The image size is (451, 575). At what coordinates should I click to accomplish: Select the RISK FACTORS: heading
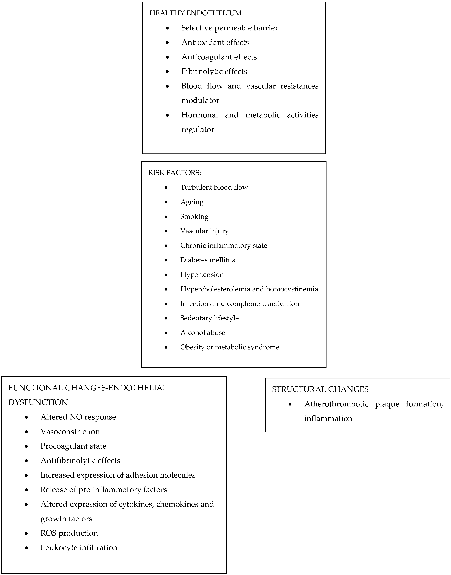[x=175, y=173]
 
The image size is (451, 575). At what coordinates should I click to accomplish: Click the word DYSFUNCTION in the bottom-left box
[x=38, y=402]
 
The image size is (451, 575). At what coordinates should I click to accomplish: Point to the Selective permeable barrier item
[x=229, y=28]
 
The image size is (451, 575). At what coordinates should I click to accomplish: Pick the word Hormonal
[x=200, y=115]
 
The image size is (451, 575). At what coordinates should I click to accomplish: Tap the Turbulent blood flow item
[x=214, y=187]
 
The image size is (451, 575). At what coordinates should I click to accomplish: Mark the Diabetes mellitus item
[x=208, y=260]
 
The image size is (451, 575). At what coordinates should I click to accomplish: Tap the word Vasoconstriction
[x=70, y=431]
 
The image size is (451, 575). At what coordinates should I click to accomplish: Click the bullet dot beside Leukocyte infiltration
[x=26, y=548]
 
